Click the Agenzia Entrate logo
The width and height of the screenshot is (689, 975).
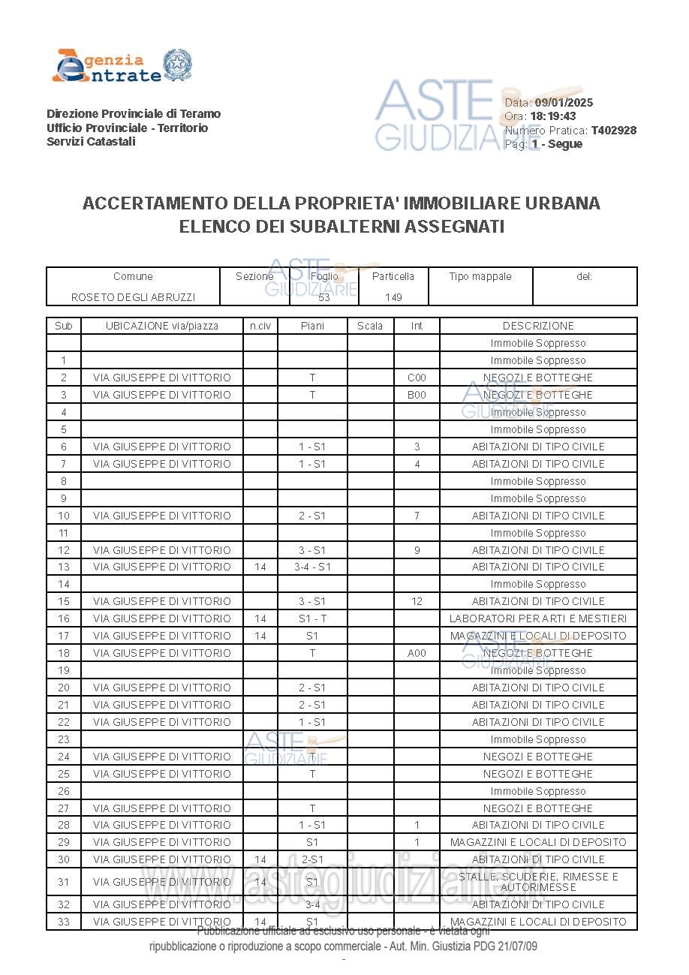click(121, 66)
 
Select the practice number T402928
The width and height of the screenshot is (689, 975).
click(613, 131)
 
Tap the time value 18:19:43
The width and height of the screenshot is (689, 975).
click(553, 116)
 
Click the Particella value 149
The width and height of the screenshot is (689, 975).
click(393, 297)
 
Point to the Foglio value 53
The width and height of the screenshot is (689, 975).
click(324, 297)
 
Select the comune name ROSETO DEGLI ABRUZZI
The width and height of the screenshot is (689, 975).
click(133, 297)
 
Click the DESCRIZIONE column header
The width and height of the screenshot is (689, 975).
click(538, 326)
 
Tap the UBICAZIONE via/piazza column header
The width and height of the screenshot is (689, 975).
click(162, 326)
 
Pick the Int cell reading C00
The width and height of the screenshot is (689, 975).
click(417, 378)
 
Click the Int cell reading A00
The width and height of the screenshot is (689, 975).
click(417, 653)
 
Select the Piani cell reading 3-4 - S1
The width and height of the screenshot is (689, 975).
click(312, 567)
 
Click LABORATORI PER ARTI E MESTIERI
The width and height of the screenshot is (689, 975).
click(538, 618)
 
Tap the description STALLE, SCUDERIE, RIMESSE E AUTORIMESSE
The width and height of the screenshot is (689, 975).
click(538, 882)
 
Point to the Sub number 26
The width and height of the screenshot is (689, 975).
click(64, 791)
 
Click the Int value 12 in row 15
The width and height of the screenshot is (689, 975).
click(417, 601)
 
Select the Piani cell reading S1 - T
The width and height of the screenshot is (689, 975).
click(312, 618)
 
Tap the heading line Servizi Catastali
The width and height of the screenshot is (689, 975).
click(91, 142)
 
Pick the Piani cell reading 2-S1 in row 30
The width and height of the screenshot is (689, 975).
click(312, 859)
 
